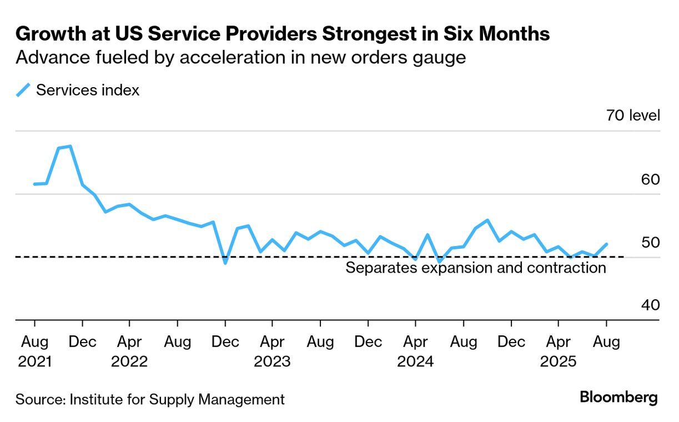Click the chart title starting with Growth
click(283, 34)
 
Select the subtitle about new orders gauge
click(240, 58)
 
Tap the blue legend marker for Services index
click(23, 90)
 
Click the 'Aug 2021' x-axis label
click(34, 351)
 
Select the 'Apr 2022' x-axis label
click(129, 351)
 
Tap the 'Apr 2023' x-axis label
click(272, 351)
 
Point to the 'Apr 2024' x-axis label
click(415, 351)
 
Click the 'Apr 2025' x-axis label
click(558, 351)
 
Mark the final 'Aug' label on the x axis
click(606, 342)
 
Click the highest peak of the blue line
click(70, 146)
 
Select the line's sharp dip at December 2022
click(225, 263)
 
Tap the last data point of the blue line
click(606, 244)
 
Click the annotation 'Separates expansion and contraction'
click(475, 268)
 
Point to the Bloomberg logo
click(618, 398)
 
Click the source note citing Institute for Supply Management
click(150, 399)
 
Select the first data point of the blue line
click(34, 184)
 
